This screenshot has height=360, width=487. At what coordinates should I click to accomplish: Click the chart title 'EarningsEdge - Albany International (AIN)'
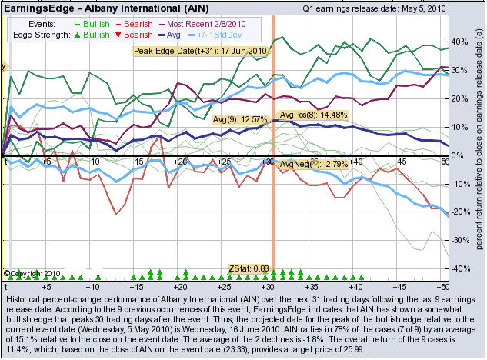tap(100, 8)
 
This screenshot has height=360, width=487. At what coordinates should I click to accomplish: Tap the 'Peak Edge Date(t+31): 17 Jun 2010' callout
tap(199, 51)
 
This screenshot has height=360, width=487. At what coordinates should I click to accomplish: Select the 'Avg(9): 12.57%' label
tap(241, 120)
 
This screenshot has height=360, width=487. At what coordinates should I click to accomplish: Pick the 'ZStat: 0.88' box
tap(249, 268)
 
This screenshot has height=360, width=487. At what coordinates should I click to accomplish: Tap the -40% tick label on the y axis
tap(459, 268)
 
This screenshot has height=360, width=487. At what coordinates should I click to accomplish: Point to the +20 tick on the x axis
tap(181, 162)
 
